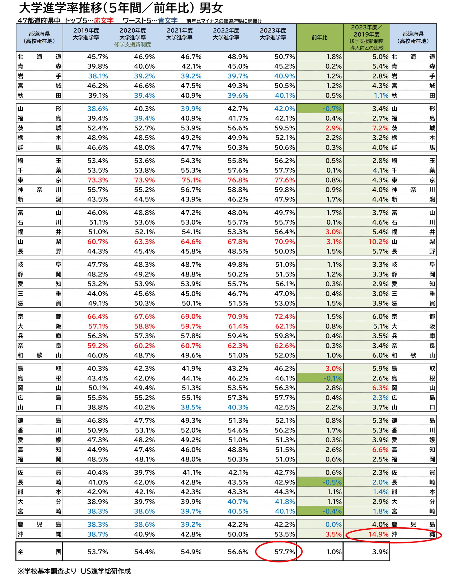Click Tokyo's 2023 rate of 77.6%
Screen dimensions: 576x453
coord(284,180)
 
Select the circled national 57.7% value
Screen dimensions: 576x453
coord(284,552)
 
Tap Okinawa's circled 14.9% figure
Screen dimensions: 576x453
coord(378,534)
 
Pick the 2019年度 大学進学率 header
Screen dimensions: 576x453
coord(86,34)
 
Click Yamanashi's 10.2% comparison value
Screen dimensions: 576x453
coord(378,242)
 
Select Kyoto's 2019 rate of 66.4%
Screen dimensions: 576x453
coord(97,317)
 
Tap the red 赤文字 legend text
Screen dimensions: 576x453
coord(104,20)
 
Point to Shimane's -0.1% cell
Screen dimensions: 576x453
coord(332,378)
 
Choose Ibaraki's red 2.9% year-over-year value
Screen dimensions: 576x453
coord(333,128)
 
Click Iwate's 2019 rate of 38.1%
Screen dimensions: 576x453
coord(98,76)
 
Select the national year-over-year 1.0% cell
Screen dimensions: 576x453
coord(334,552)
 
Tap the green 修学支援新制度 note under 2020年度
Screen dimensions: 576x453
coord(132,45)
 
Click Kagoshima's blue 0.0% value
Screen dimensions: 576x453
coord(333,524)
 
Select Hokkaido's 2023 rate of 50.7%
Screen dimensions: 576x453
coord(284,57)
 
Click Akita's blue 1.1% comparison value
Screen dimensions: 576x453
coord(381,96)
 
